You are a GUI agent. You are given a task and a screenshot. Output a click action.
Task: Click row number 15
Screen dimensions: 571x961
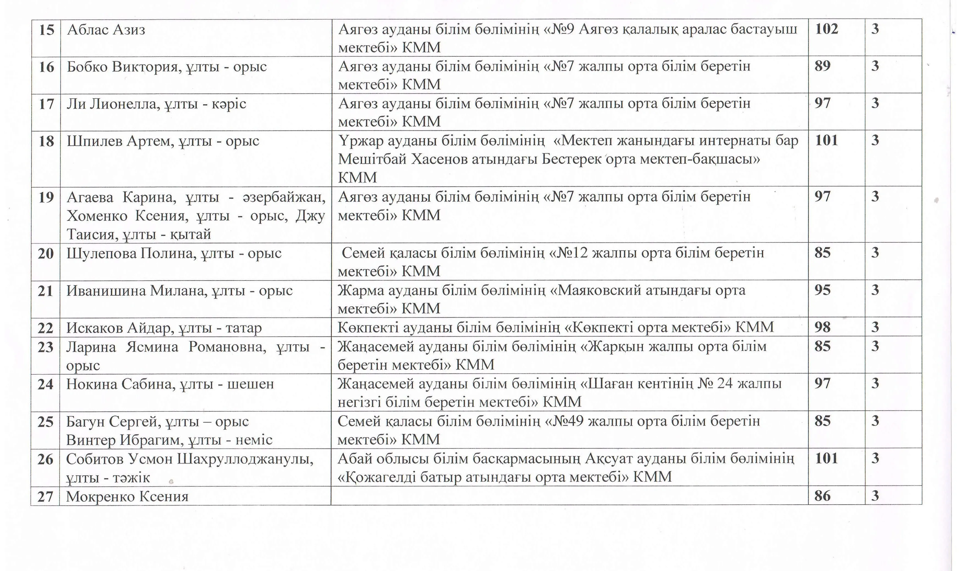pos(47,30)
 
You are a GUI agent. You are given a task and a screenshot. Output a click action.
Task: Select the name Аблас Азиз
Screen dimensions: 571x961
pos(106,30)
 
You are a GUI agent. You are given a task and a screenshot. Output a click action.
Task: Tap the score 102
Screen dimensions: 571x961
pos(826,29)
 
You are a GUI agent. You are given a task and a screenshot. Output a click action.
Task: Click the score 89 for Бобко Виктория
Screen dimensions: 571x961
pos(822,66)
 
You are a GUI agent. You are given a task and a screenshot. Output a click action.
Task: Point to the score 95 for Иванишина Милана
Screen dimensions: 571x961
pos(822,290)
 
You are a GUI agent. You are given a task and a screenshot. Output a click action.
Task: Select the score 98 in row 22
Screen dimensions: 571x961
pos(822,327)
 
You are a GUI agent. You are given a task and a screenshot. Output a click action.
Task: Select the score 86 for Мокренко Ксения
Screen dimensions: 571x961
pos(822,496)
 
